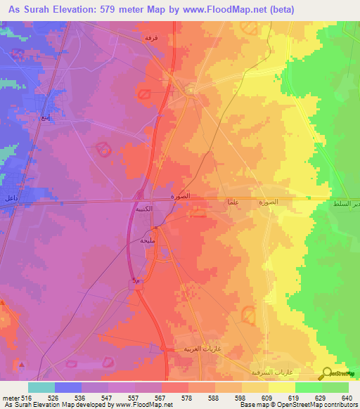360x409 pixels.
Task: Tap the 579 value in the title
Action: click(112, 9)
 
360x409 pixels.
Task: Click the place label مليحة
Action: click(148, 240)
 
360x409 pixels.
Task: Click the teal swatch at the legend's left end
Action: click(41, 387)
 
